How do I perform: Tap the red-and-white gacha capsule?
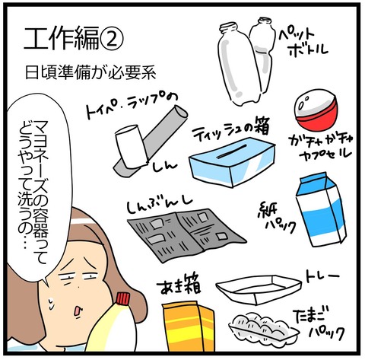(316, 112)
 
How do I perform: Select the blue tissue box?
(232, 162)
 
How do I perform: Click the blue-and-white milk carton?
(321, 209)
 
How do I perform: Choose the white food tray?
(259, 288)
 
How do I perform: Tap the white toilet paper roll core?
(131, 146)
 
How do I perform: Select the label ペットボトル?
(303, 43)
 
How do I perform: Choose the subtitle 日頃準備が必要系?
(90, 73)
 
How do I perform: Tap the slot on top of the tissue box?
(232, 151)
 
